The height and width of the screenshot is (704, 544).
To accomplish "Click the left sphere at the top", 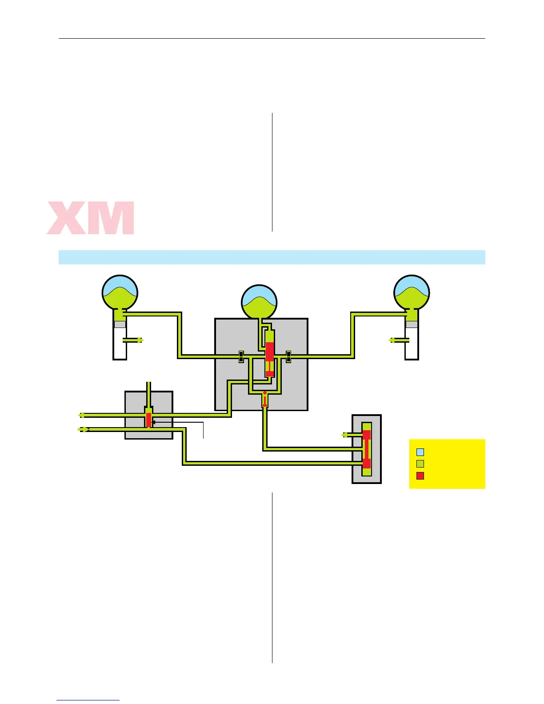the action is (x=120, y=292).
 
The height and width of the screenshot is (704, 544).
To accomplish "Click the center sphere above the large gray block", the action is (x=259, y=302).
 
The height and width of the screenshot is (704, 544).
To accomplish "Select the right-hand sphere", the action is (x=412, y=292).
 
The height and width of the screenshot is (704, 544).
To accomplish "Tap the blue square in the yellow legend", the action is (x=420, y=452).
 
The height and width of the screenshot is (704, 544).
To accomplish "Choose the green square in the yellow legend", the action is (x=420, y=464).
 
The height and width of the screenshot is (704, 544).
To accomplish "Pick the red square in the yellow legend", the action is (x=420, y=476).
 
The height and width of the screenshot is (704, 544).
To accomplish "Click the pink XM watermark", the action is (x=91, y=218).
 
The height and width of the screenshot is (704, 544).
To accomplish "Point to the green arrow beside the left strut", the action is (x=140, y=340).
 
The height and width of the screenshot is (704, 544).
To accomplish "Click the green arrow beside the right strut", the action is (x=392, y=340).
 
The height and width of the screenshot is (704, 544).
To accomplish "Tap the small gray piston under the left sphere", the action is (x=120, y=324).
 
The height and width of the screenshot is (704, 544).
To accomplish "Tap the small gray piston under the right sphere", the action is (x=412, y=324).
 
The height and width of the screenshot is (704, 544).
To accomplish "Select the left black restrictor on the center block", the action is (x=241, y=356).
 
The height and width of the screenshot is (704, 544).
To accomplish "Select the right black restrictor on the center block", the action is (x=288, y=356).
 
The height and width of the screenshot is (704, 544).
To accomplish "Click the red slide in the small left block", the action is (x=148, y=420).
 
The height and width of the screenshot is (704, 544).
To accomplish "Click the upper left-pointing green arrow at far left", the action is (x=82, y=415).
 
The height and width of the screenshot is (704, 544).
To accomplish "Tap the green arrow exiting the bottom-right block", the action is (x=344, y=435).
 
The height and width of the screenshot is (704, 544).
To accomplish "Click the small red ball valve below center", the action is (x=265, y=399).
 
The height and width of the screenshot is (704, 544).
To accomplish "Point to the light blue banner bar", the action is (x=272, y=257).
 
